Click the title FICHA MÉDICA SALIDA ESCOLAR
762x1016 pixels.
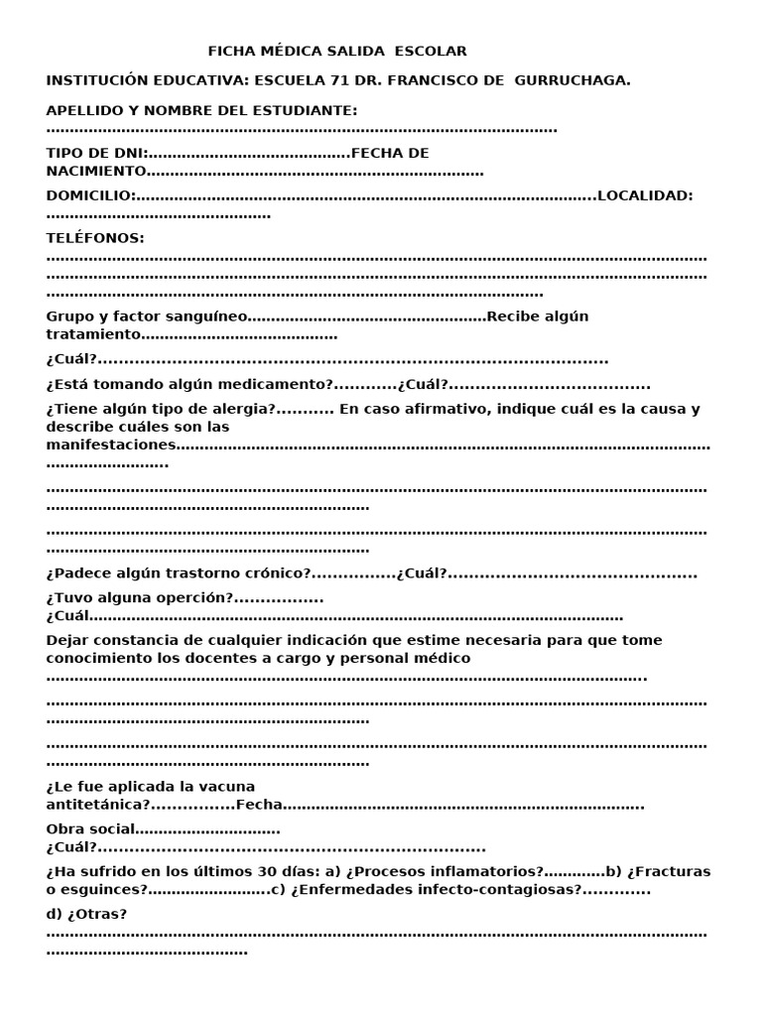click(x=337, y=51)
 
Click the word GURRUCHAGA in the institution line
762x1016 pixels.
click(x=571, y=80)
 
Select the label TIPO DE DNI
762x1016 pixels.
click(x=96, y=153)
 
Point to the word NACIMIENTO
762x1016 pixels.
click(x=96, y=171)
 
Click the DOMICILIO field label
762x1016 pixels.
click(x=89, y=195)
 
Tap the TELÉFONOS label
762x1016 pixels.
click(x=95, y=238)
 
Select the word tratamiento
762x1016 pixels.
click(x=89, y=334)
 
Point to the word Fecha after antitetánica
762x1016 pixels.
click(x=259, y=805)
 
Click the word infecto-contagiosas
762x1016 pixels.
click(x=506, y=890)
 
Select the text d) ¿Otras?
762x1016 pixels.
click(x=86, y=914)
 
